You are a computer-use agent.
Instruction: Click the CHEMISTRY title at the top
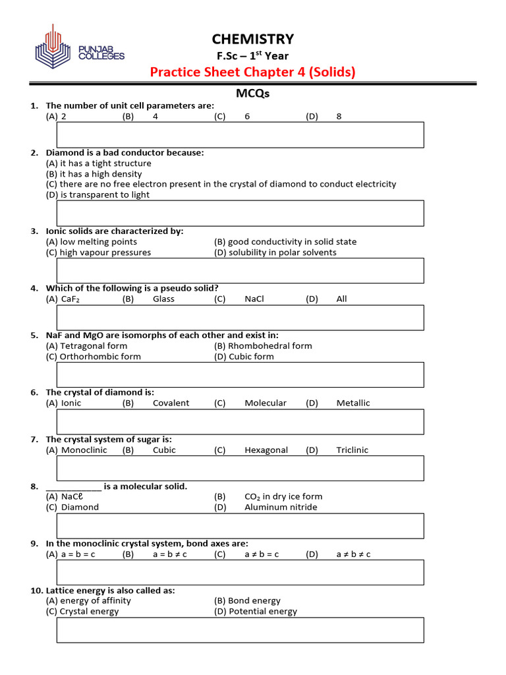(252, 39)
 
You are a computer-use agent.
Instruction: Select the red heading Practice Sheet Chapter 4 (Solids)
(252, 72)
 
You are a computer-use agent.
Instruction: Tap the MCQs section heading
(252, 94)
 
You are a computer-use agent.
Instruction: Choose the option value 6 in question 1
(247, 117)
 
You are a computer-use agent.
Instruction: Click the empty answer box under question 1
(240, 134)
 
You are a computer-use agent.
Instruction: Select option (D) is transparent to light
(98, 195)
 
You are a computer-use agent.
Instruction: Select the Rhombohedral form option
(263, 346)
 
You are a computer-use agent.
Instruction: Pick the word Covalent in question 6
(171, 403)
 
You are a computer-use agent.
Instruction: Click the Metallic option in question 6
(353, 403)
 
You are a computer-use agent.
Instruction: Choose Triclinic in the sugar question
(352, 450)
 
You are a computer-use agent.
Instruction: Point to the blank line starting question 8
(73, 487)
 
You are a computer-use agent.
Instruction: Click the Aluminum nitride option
(281, 508)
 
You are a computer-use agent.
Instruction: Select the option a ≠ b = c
(262, 555)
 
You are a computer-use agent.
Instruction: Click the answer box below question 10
(240, 630)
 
